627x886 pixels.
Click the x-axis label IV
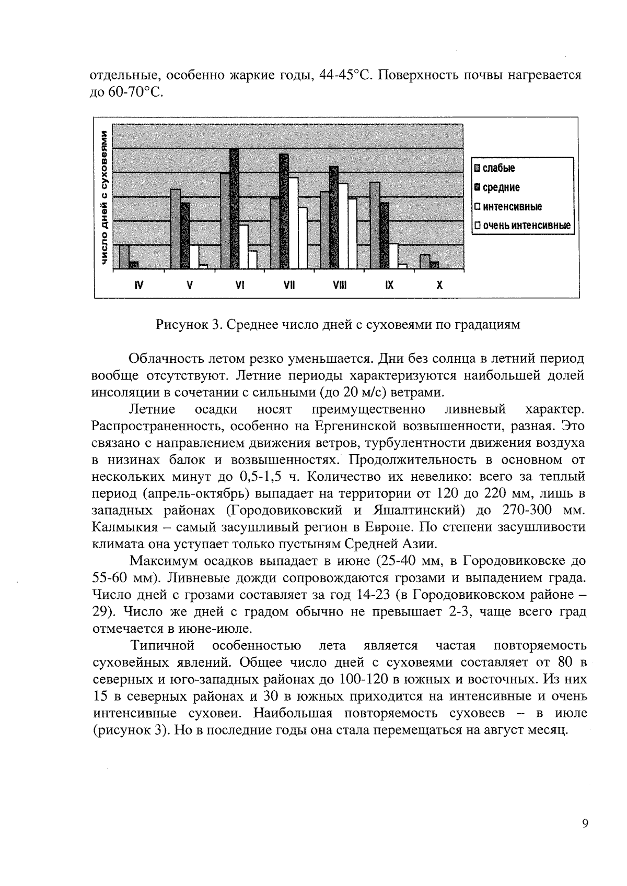tap(138, 286)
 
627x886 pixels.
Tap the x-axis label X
tap(439, 286)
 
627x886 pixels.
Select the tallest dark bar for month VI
tap(234, 209)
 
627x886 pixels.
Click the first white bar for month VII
tap(294, 223)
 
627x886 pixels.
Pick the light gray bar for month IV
tap(124, 256)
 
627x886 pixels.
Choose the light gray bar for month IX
tap(375, 225)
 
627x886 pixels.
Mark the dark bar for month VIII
tap(334, 217)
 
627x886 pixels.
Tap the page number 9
tap(584, 824)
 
